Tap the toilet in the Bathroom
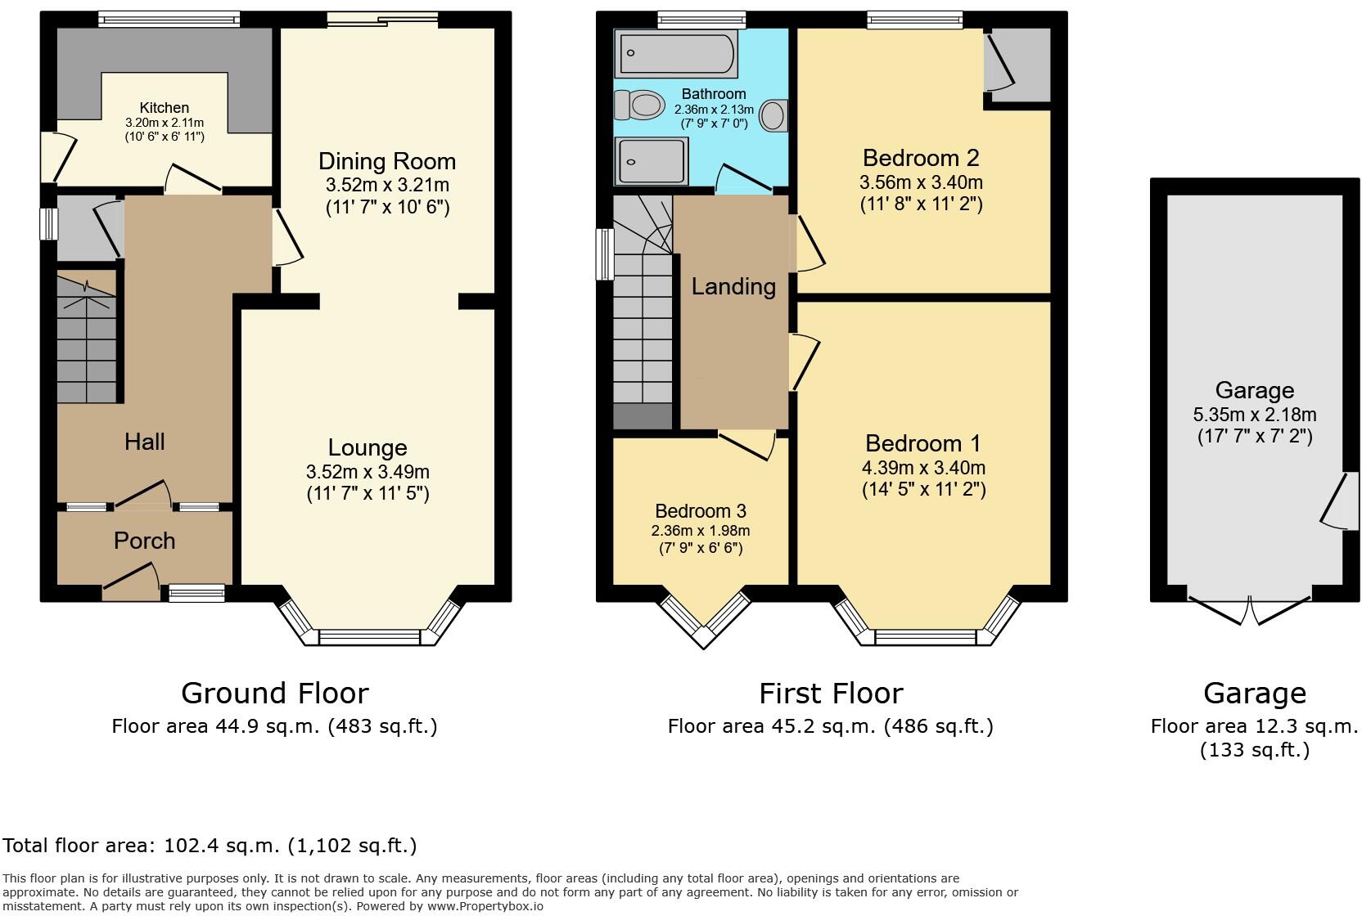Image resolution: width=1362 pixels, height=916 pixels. tap(639, 105)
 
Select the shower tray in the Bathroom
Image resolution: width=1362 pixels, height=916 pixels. tap(652, 161)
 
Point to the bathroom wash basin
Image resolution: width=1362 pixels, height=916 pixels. tap(773, 115)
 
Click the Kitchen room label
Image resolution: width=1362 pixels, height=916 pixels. tap(164, 108)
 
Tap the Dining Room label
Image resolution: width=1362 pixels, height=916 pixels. tap(386, 161)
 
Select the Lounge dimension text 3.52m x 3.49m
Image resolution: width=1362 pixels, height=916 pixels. tap(368, 472)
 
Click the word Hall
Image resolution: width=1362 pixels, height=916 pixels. tap(145, 442)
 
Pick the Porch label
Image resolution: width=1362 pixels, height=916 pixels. tap(144, 541)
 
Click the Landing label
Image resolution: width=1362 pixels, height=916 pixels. tap(733, 286)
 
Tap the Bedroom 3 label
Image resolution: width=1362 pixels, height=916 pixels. tap(701, 511)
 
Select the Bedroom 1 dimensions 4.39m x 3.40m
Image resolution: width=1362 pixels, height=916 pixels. tap(923, 468)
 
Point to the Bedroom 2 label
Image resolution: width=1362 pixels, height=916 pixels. tap(921, 157)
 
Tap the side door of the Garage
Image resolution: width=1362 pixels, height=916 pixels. tap(1338, 501)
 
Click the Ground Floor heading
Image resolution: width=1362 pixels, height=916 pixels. tap(275, 694)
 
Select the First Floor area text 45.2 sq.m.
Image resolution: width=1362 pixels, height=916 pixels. tap(830, 726)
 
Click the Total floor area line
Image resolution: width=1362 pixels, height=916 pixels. tap(210, 846)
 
